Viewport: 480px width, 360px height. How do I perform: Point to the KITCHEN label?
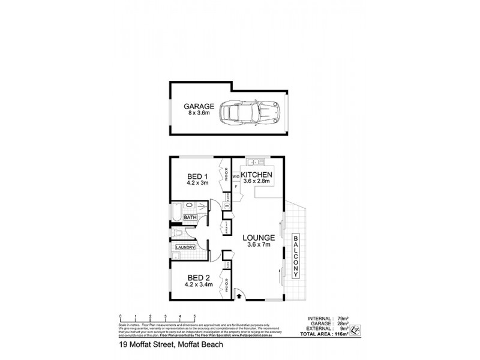pos(257,175)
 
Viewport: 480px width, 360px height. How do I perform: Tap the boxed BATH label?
pos(191,217)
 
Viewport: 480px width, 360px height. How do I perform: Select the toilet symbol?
pos(177,232)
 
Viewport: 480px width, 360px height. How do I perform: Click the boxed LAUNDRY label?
pos(185,247)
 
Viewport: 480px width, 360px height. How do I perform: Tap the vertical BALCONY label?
pos(296,256)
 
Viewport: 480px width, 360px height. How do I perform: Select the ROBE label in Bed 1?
pos(226,174)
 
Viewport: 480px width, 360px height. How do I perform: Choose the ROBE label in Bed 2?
pos(226,284)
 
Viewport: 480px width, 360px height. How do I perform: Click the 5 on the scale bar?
pos(194,316)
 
